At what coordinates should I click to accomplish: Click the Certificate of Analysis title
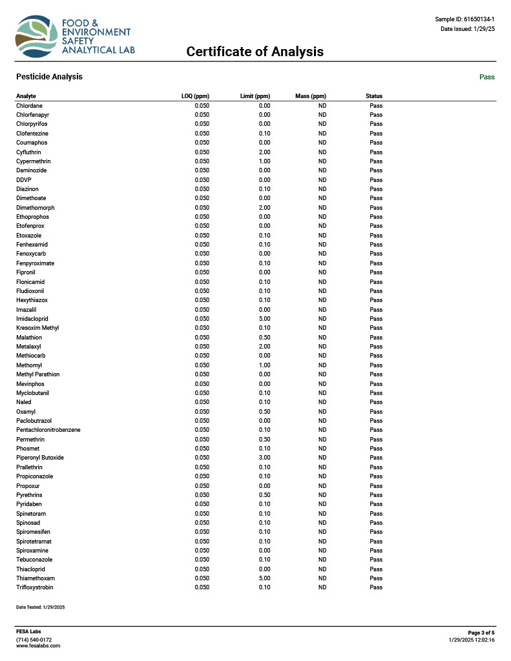[x=255, y=52]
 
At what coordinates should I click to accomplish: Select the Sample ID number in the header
[x=478, y=19]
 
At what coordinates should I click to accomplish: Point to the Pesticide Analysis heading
[x=49, y=77]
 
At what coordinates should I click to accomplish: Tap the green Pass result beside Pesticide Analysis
[x=486, y=77]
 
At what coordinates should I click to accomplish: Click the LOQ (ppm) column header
[x=195, y=96]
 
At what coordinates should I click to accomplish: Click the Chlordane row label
[x=29, y=105]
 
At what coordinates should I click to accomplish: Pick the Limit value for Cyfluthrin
[x=264, y=152]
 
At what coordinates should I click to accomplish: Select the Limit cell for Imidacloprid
[x=264, y=319]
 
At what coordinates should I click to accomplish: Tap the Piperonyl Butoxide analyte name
[x=40, y=458]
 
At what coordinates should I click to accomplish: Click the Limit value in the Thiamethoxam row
[x=264, y=578]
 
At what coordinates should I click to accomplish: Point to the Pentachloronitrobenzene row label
[x=48, y=430]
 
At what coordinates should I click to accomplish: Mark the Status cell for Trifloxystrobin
[x=376, y=587]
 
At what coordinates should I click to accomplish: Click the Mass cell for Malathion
[x=322, y=338]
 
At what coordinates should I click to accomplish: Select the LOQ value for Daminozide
[x=202, y=170]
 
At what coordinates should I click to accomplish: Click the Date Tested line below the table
[x=41, y=607]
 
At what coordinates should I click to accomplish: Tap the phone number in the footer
[x=34, y=640]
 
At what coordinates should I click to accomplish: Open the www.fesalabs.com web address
[x=38, y=646]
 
